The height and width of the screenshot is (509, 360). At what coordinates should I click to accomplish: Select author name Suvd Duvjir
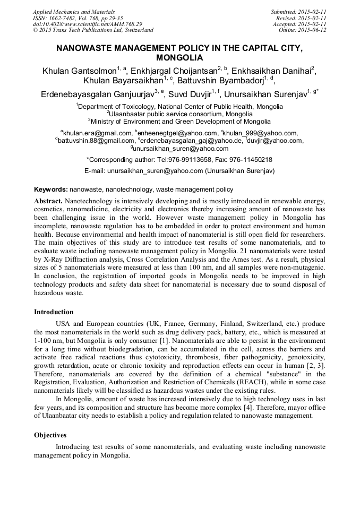(x=191, y=95)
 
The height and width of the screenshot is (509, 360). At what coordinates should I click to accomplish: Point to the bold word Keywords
(x=50, y=189)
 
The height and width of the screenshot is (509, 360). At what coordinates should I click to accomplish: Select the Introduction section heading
(x=54, y=312)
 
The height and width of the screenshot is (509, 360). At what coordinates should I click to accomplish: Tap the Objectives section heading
(x=51, y=435)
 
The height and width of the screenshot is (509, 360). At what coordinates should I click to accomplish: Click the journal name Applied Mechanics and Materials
(x=73, y=12)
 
